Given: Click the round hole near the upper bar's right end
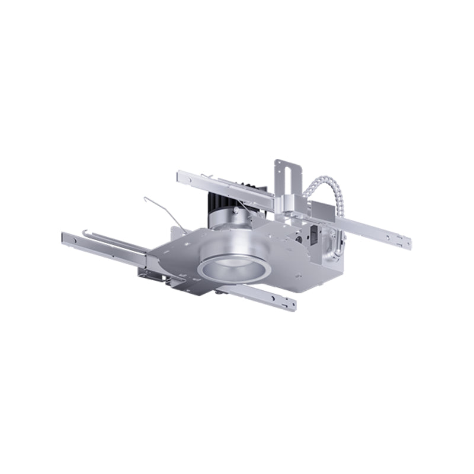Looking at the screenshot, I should click(x=398, y=238).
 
